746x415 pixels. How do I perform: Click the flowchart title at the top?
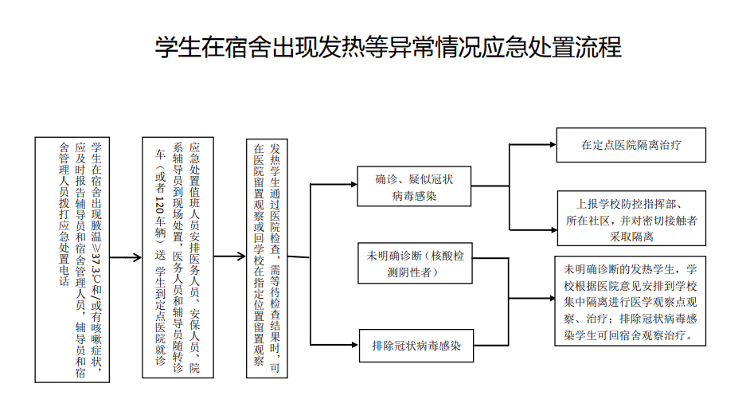[x=388, y=47]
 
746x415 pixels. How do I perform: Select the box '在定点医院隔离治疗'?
[x=631, y=146]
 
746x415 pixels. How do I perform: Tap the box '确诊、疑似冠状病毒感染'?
[x=414, y=187]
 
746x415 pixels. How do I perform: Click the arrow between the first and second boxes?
[x=124, y=257]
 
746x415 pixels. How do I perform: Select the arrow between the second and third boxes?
[x=228, y=257]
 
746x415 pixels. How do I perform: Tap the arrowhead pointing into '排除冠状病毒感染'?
[x=354, y=346]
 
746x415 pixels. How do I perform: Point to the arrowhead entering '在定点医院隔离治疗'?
[x=555, y=146]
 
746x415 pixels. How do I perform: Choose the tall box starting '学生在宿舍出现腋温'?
[x=72, y=257]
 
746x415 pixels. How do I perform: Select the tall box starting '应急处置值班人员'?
[x=178, y=257]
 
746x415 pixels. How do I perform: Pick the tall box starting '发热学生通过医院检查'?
[x=266, y=257]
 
